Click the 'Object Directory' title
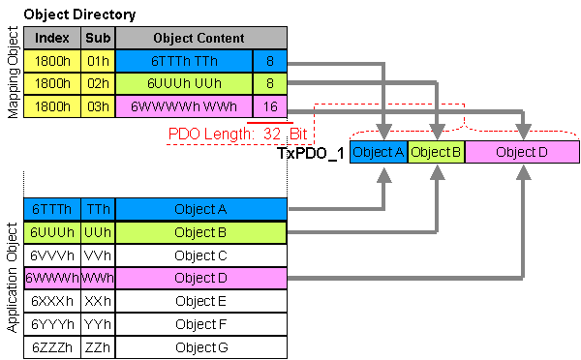(x=79, y=15)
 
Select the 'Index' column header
(x=52, y=38)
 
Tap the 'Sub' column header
(x=98, y=38)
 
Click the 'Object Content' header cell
(x=201, y=38)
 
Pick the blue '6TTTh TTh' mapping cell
(x=184, y=61)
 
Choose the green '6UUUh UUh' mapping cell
(x=184, y=83)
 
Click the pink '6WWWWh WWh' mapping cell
(x=184, y=106)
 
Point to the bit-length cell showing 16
(x=270, y=106)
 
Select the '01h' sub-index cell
(x=98, y=61)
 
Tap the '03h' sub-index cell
(x=98, y=106)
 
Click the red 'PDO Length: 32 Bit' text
(x=237, y=134)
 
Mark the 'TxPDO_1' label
(x=311, y=153)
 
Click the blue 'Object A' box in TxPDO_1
(x=379, y=152)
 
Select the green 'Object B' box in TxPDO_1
(x=436, y=152)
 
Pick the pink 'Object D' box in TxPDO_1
(x=522, y=152)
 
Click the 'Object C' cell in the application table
(x=201, y=255)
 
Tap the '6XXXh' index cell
(x=52, y=301)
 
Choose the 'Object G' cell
(x=201, y=347)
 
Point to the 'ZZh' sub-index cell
(x=98, y=347)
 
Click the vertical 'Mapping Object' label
(x=13, y=73)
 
